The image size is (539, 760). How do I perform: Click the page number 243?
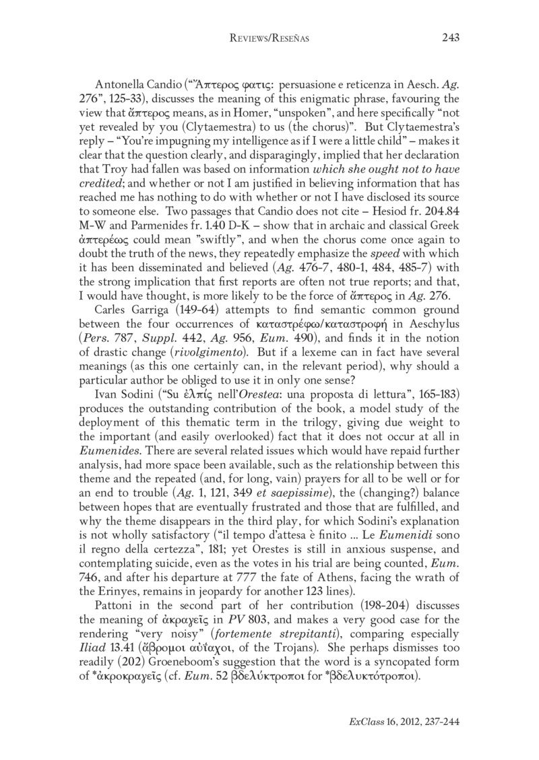pos(450,38)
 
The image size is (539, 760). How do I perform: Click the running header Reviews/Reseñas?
pos(269,39)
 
